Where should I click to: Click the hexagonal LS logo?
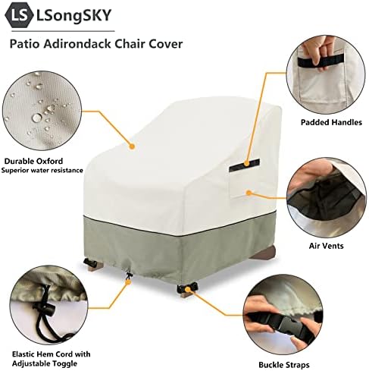[19, 15]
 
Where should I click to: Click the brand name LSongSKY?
[73, 15]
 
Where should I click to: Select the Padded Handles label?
[331, 122]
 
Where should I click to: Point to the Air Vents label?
[326, 246]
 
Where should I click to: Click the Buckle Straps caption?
[284, 365]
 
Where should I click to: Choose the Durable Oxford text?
[33, 161]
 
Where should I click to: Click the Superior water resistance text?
[42, 170]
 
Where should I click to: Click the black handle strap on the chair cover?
[244, 165]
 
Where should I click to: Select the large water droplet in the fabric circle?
[37, 118]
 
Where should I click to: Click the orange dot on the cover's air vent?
[249, 193]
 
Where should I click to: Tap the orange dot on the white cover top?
[132, 146]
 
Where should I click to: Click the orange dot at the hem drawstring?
[129, 281]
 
